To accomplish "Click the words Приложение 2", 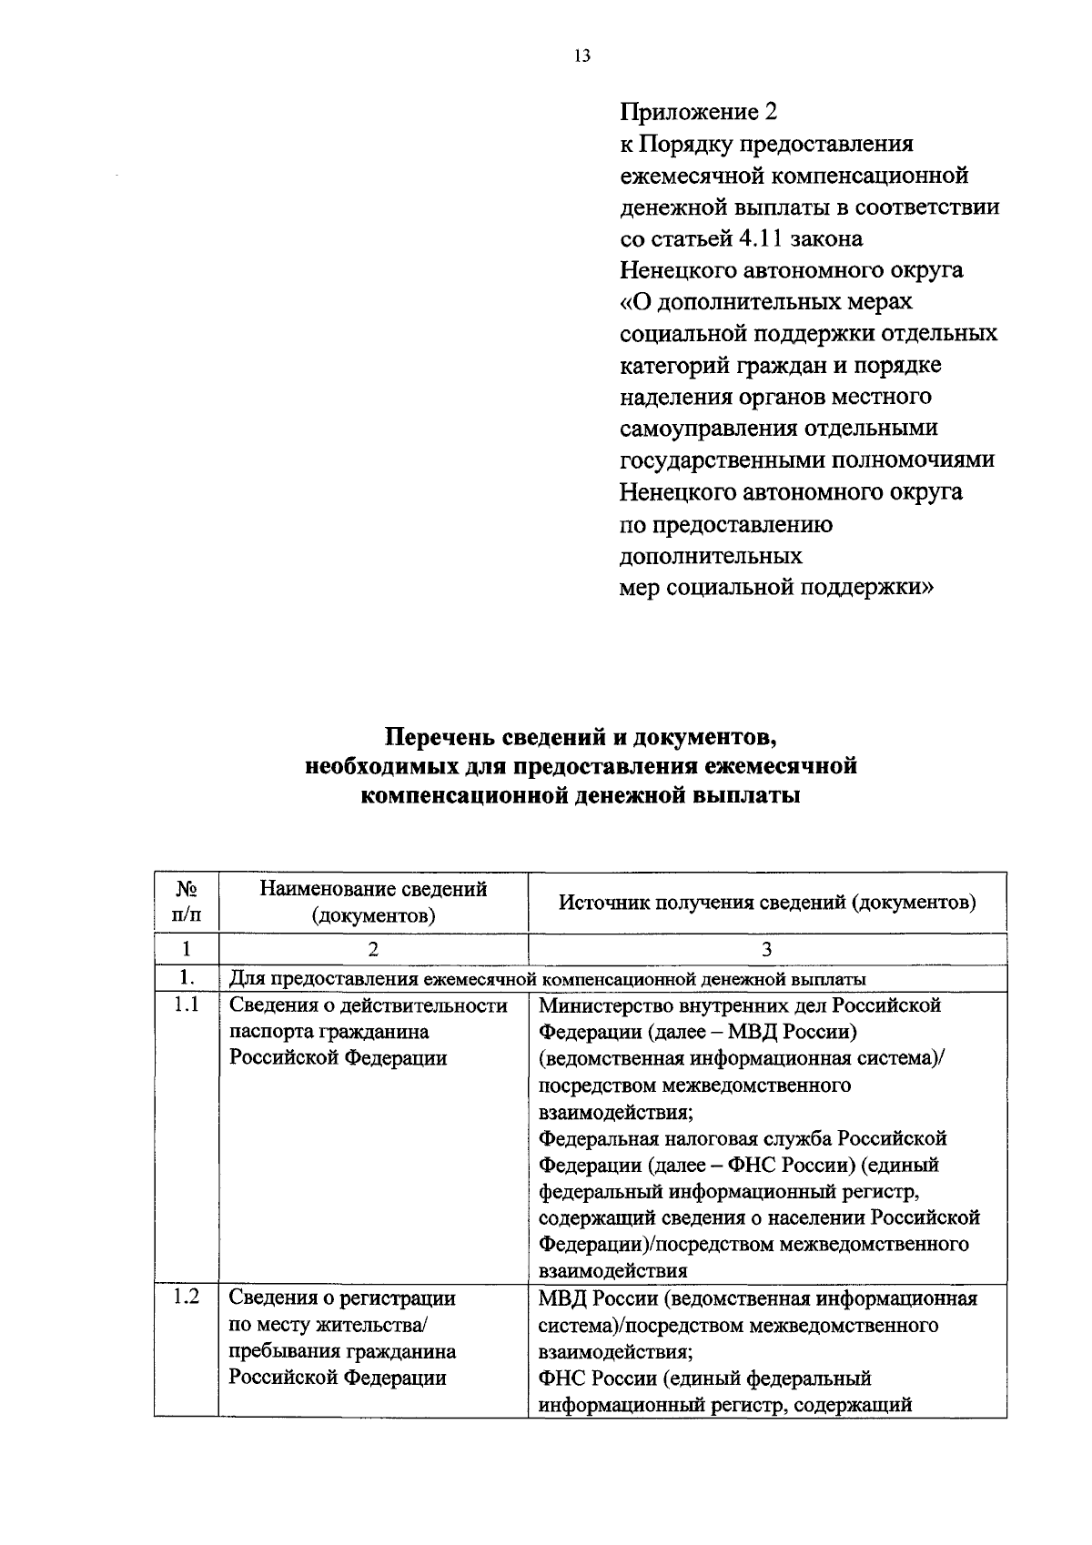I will click(699, 113).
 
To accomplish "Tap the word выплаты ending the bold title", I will click(747, 796).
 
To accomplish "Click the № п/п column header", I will click(186, 902).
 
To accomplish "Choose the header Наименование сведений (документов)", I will click(373, 902).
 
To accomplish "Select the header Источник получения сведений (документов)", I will click(766, 902).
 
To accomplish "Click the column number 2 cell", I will click(373, 949).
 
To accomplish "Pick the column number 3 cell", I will click(766, 949).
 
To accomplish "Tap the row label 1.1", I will click(187, 1005).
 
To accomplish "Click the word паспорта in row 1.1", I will click(269, 1032).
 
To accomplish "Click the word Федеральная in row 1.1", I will click(598, 1138).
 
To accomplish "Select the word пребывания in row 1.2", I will click(284, 1351).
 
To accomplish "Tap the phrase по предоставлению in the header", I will click(726, 525).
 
